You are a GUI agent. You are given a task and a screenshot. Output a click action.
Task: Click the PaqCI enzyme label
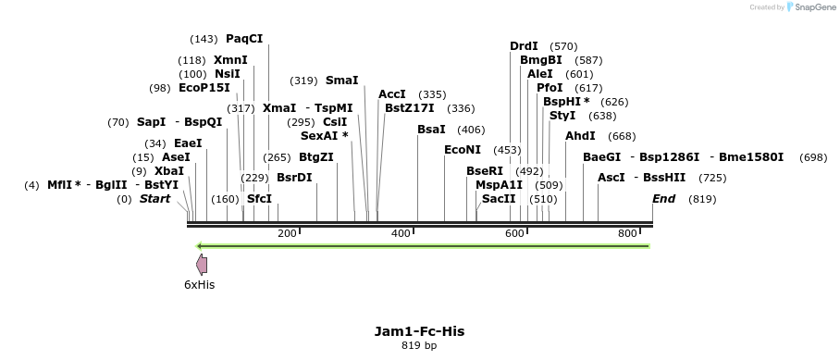pyautogui.click(x=244, y=39)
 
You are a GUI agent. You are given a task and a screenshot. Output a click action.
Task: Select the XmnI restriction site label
pyautogui.click(x=230, y=60)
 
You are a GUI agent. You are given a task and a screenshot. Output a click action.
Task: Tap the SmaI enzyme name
pyautogui.click(x=341, y=81)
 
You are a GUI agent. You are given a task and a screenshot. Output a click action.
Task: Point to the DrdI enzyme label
pyautogui.click(x=525, y=46)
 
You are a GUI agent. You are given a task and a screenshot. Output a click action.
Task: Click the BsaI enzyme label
pyautogui.click(x=431, y=130)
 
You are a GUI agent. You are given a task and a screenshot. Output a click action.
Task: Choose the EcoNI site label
pyautogui.click(x=463, y=150)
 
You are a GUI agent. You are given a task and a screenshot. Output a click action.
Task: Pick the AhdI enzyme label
pyautogui.click(x=580, y=136)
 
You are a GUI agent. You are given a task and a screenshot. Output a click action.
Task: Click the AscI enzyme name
pyautogui.click(x=611, y=178)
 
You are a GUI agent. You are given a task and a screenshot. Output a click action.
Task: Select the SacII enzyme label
pyautogui.click(x=499, y=199)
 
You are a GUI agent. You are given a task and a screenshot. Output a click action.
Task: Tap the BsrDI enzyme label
pyautogui.click(x=294, y=178)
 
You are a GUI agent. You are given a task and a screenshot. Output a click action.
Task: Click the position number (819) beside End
pyautogui.click(x=702, y=199)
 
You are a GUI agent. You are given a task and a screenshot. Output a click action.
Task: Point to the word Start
pyautogui.click(x=154, y=199)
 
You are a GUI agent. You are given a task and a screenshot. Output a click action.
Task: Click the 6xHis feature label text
pyautogui.click(x=199, y=285)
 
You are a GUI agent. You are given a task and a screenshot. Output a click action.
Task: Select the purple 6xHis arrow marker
pyautogui.click(x=202, y=265)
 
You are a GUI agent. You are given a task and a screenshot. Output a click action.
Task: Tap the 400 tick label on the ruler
pyautogui.click(x=401, y=233)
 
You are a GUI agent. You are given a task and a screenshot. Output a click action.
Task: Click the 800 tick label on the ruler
pyautogui.click(x=627, y=233)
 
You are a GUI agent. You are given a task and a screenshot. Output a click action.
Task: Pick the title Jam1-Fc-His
pyautogui.click(x=419, y=330)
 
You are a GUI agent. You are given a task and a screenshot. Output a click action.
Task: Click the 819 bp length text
pyautogui.click(x=419, y=346)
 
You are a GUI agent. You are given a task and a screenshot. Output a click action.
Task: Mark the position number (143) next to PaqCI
pyautogui.click(x=204, y=39)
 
